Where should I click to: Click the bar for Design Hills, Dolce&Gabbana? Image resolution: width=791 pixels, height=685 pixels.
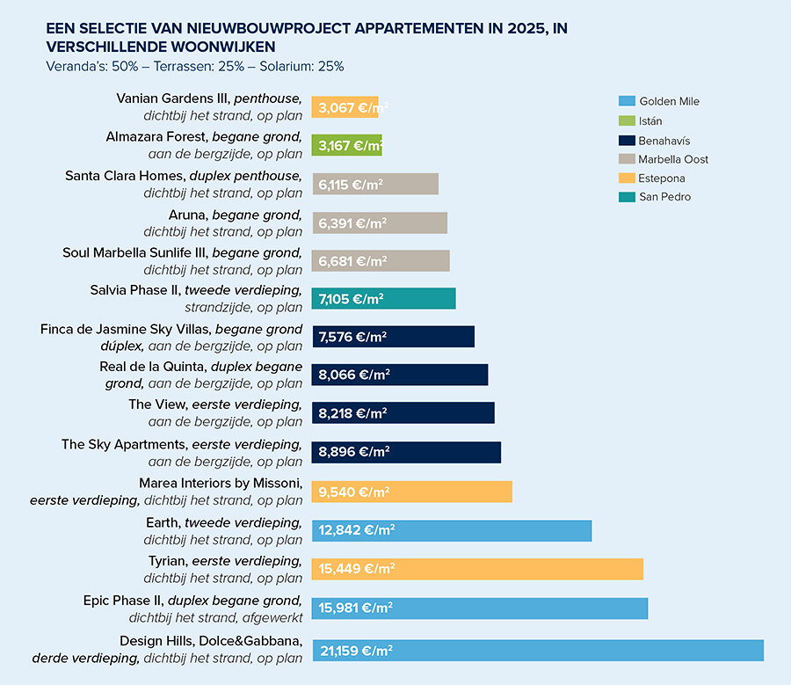(538, 651)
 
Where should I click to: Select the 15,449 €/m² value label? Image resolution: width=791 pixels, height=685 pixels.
(357, 569)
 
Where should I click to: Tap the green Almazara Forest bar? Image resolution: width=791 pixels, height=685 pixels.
(347, 145)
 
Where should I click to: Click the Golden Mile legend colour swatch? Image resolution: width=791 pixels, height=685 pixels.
(626, 101)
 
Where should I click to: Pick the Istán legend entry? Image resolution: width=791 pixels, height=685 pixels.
(650, 120)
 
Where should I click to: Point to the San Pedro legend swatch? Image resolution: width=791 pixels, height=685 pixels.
(626, 197)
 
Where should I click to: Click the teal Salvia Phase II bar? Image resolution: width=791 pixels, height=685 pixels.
(384, 299)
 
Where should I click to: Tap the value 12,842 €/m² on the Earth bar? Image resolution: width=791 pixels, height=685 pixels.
(357, 530)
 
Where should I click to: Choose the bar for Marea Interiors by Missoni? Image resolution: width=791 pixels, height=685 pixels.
(412, 492)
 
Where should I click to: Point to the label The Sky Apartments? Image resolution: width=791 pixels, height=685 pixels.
(124, 444)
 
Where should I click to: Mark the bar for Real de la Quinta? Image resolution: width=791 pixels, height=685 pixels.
(400, 375)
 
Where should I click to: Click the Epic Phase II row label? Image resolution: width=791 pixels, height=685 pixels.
(123, 601)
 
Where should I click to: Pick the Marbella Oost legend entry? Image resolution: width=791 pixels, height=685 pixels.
(673, 159)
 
